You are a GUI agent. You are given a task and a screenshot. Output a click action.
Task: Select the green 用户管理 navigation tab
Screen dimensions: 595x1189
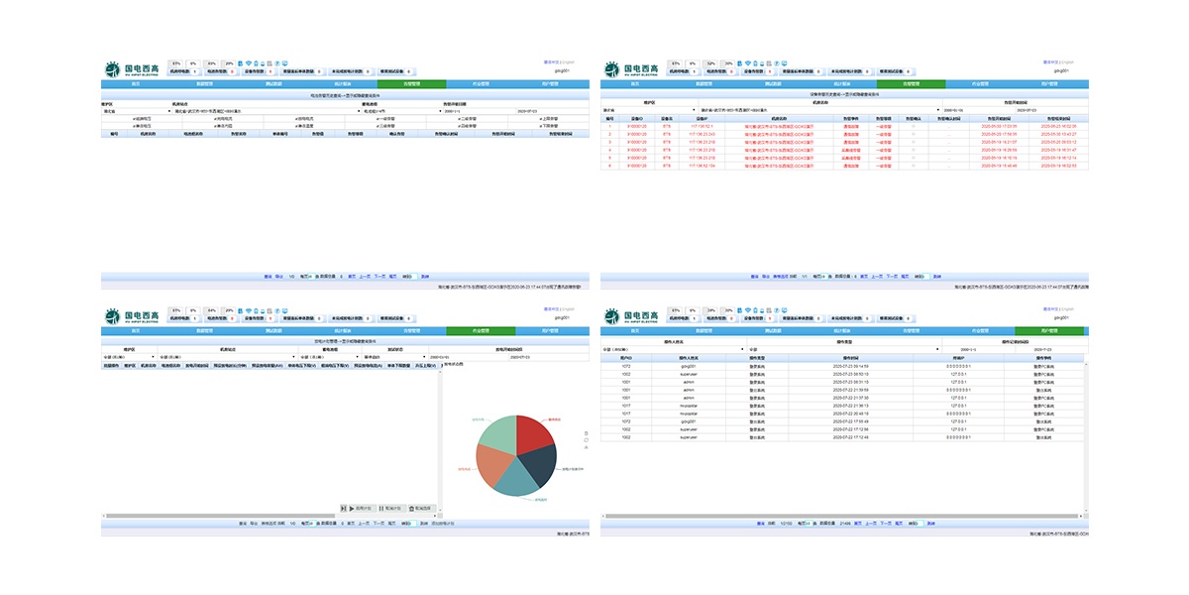tap(1051, 330)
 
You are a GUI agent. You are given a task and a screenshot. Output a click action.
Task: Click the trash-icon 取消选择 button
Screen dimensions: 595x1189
tap(421, 508)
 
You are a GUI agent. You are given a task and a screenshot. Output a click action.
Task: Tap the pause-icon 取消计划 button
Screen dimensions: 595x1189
tap(388, 508)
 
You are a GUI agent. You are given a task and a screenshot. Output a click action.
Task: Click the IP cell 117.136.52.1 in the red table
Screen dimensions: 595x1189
tap(702, 126)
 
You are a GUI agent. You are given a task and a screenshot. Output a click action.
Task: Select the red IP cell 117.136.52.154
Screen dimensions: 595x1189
tap(702, 166)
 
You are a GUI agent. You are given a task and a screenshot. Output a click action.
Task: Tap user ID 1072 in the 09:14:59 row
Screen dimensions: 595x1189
tap(626, 366)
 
